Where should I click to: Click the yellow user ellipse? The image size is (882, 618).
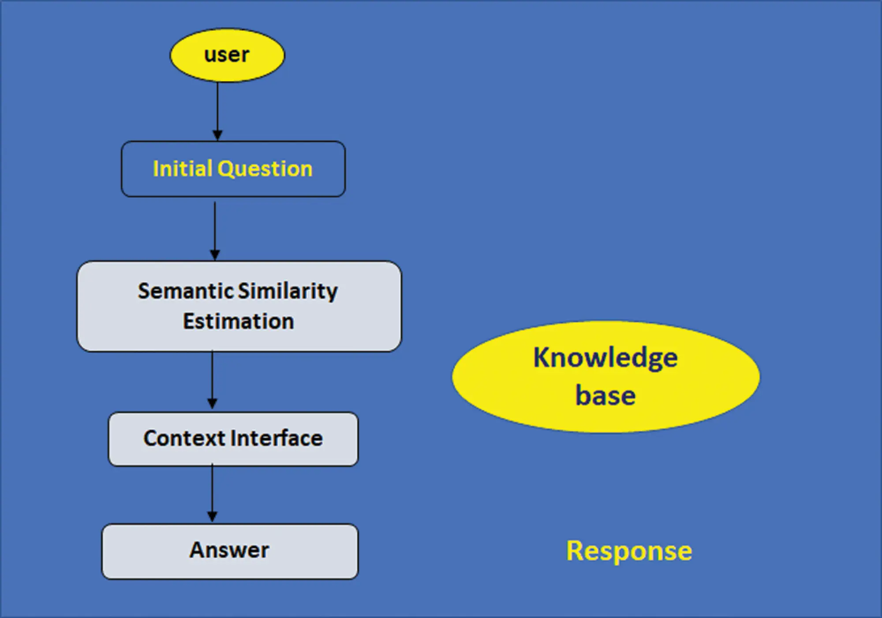[227, 55]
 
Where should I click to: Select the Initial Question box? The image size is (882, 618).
[233, 169]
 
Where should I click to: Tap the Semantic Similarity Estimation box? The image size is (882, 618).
[239, 306]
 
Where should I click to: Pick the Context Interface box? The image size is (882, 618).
[233, 439]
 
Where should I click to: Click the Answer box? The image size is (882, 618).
[230, 551]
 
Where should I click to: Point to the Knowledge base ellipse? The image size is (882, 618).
[605, 377]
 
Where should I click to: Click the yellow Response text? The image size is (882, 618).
[629, 551]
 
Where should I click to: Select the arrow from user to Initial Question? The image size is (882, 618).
[217, 110]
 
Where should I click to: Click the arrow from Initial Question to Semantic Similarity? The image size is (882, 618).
[215, 229]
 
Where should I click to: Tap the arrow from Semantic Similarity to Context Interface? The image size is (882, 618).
[212, 379]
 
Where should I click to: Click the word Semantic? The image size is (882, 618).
[186, 291]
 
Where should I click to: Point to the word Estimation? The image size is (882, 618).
[239, 321]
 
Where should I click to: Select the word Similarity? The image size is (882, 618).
[288, 291]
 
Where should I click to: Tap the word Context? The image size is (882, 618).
[184, 438]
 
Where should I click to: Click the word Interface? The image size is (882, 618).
[277, 438]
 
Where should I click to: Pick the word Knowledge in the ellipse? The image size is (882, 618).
[605, 357]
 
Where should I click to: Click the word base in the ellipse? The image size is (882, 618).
[605, 395]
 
